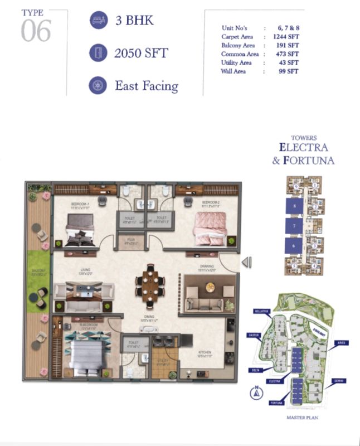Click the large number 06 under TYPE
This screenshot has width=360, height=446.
point(36,31)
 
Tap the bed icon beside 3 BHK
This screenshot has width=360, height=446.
point(98,21)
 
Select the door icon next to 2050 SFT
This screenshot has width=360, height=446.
point(98,54)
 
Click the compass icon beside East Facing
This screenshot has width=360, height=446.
point(98,86)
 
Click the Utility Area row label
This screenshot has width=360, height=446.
point(236,63)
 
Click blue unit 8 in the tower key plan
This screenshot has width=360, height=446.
point(294,207)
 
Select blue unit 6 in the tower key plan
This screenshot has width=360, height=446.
point(294,245)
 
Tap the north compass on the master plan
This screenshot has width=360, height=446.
point(256,392)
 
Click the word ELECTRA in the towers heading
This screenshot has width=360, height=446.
point(304,148)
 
